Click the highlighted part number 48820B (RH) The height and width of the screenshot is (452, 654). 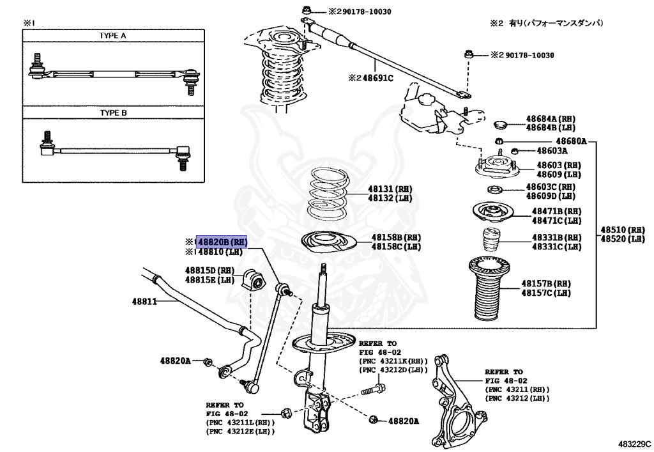221,242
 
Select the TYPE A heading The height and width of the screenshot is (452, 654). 112,36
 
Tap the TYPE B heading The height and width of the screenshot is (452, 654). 113,113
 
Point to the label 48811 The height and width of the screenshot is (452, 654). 144,300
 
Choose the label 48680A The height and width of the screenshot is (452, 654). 571,141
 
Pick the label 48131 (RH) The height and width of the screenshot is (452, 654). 390,189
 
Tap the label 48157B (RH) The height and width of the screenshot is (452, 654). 545,283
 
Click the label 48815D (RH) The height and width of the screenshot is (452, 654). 209,270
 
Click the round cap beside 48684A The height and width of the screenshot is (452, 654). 501,123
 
